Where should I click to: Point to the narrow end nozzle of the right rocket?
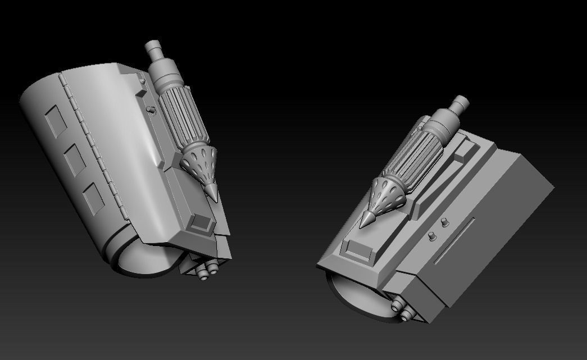459,105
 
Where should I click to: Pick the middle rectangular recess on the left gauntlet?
74,158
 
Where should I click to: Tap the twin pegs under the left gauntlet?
207,271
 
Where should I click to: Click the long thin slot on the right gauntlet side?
454,241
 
